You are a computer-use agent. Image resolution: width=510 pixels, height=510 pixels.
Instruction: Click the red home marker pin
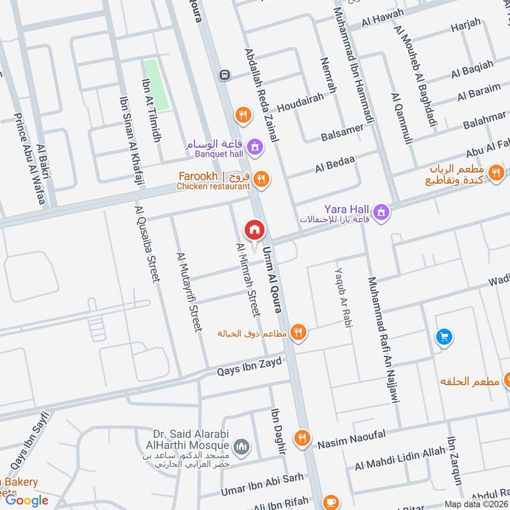[254, 229]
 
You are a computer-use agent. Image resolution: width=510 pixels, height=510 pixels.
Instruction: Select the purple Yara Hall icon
[381, 212]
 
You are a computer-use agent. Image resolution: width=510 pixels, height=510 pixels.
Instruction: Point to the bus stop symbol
[224, 75]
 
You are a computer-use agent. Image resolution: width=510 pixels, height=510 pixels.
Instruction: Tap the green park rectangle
[157, 85]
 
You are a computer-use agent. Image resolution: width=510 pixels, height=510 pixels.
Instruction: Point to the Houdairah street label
[315, 101]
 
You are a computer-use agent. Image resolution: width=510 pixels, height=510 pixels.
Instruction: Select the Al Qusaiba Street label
[145, 243]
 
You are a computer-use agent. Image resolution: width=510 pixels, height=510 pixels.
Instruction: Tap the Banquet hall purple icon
[255, 147]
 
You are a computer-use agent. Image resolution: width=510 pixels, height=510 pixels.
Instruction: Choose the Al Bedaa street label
[334, 166]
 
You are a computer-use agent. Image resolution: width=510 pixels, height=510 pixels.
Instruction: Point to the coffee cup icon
[331, 502]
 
